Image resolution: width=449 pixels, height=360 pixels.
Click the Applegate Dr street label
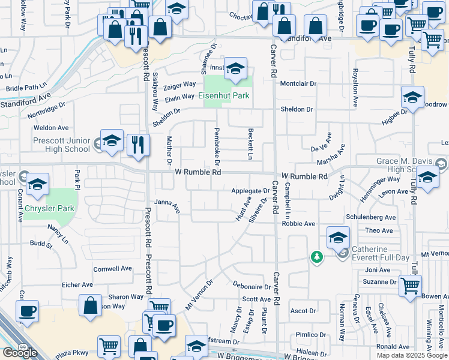coord(250,191)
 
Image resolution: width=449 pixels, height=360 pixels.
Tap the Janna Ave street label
coord(167,205)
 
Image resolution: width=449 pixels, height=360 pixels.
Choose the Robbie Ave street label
coord(298,224)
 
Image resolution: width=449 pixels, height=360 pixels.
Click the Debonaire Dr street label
coord(252,287)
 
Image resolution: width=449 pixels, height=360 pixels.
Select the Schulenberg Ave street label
coord(371,217)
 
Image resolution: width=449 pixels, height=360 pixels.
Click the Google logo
coord(20,353)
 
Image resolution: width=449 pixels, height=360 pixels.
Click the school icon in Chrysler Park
coord(37,184)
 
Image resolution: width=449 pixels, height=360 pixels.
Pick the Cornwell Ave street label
coord(112,269)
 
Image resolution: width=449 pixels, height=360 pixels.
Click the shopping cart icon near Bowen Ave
coord(410,285)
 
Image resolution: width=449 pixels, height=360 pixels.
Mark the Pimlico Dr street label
coord(310,335)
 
